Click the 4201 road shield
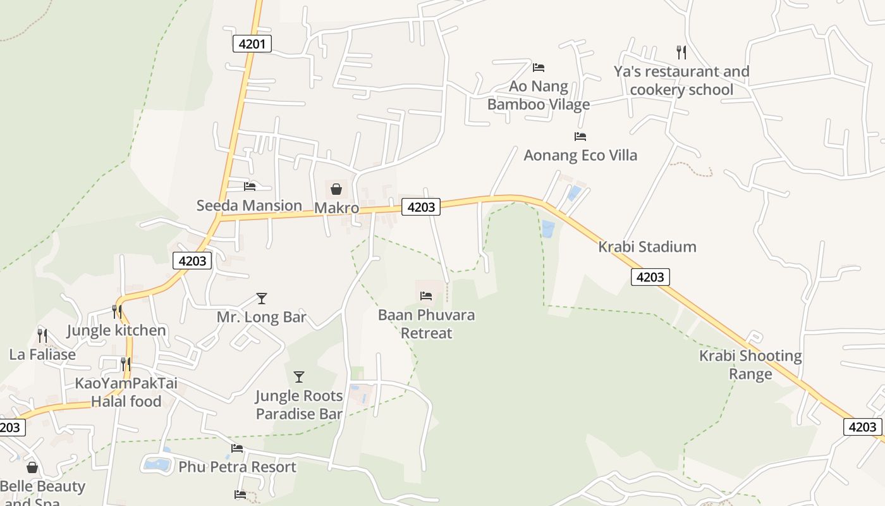[252, 44]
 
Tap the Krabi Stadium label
[647, 247]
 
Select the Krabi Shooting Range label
[750, 364]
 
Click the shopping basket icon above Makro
[336, 189]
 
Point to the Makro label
[336, 208]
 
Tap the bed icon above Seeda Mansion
[250, 186]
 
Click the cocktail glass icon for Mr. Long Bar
[262, 298]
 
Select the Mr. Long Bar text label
[262, 317]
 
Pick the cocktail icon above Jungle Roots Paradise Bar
[299, 377]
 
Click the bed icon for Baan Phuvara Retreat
[426, 295]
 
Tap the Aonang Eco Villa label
[580, 155]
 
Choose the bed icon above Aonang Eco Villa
[580, 136]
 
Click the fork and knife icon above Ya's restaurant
[681, 52]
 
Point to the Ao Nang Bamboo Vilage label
[539, 95]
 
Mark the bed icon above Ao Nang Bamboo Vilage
[539, 67]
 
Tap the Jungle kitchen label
[116, 330]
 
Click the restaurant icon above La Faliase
[42, 335]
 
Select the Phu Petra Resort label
[237, 467]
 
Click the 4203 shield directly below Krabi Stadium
[650, 276]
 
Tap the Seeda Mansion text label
[249, 206]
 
